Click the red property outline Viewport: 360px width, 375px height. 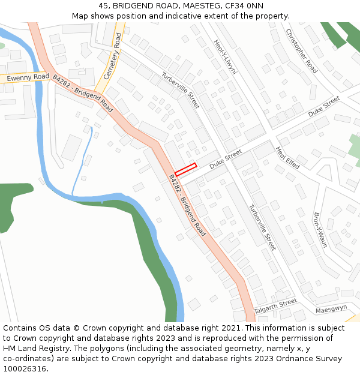point(186,169)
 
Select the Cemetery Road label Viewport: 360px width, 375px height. point(112,57)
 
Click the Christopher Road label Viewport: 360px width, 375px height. point(301,51)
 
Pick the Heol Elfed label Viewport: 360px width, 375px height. point(287,157)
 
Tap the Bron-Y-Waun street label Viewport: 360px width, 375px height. point(320,230)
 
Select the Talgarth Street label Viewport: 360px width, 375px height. point(275,307)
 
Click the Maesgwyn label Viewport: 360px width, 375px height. point(332,308)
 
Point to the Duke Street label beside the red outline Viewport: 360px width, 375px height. point(225,159)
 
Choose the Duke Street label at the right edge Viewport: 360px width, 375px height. point(324,106)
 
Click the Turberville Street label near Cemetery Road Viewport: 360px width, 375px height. point(180,91)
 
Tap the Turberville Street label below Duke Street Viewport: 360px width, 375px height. point(262,227)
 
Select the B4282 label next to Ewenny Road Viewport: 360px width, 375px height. point(83,94)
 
